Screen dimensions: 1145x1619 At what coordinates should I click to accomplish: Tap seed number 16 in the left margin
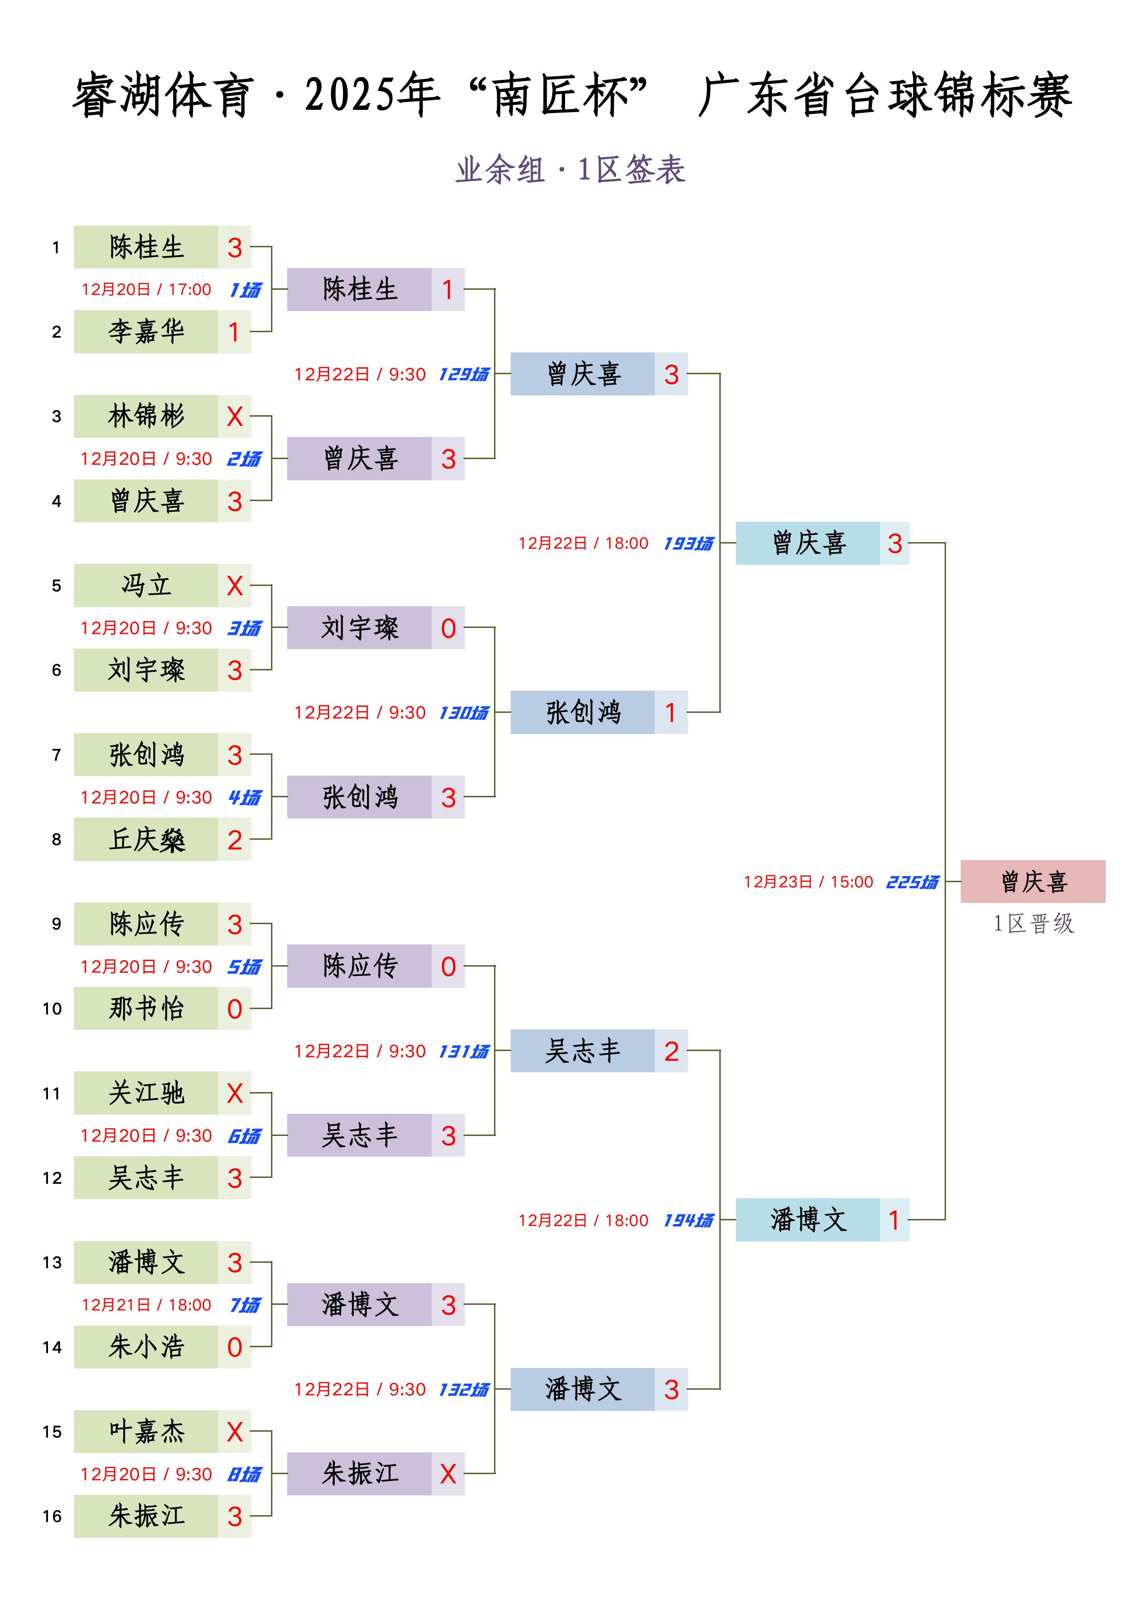coord(52,1516)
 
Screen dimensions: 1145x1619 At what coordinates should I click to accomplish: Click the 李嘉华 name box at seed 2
coord(146,331)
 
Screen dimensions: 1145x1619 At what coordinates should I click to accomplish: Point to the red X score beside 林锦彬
coord(235,417)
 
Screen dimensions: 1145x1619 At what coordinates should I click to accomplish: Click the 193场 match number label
coord(688,544)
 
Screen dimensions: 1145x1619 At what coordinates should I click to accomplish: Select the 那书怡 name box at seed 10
coord(146,1008)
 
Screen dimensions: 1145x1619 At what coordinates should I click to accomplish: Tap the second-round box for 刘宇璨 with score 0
coord(375,627)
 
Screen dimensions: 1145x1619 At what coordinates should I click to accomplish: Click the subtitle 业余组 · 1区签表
coord(571,170)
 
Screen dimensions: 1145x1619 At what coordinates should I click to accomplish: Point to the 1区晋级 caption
coord(1034,924)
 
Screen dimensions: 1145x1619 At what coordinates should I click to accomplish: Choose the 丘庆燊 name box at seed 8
coord(146,839)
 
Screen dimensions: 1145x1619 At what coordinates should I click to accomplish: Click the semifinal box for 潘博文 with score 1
coord(823,1220)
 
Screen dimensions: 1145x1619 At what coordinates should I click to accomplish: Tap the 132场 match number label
coord(464,1390)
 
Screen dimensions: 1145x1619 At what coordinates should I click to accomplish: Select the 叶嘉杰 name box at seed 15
coord(146,1431)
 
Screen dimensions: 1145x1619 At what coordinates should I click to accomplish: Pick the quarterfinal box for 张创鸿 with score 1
coord(599,712)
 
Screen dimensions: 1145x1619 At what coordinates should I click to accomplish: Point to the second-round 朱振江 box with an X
coord(375,1474)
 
